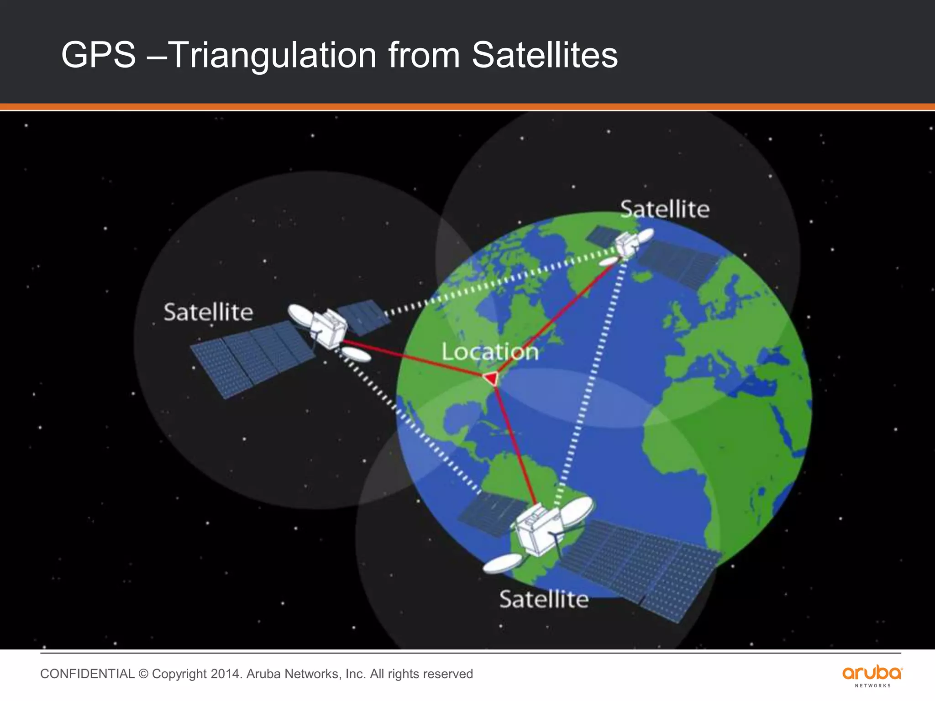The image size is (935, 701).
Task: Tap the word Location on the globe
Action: pos(490,352)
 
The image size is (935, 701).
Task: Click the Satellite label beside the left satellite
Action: pos(208,313)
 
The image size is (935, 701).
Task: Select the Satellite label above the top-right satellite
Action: pos(665,209)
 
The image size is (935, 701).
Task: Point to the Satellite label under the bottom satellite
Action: pos(544,599)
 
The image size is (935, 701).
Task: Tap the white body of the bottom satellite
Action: pos(537,532)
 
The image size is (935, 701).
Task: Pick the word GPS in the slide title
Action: pos(99,55)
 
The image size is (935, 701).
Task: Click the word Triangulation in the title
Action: pos(273,55)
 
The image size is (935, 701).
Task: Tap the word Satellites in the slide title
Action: pos(544,55)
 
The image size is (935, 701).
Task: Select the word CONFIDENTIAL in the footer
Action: pos(87,674)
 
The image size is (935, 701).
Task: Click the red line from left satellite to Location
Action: pos(413,358)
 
